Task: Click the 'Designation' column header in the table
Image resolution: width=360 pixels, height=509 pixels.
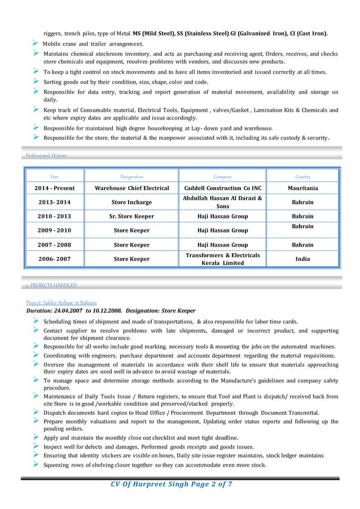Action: [131, 177]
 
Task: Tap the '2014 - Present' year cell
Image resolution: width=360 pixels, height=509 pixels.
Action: [54, 188]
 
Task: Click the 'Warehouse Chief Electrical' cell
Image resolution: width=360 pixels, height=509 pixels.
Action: [131, 188]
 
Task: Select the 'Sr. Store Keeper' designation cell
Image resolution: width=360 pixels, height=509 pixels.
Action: [131, 216]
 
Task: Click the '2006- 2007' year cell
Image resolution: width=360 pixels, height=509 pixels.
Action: [54, 259]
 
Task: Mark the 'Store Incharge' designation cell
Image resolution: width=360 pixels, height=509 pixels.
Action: [131, 202]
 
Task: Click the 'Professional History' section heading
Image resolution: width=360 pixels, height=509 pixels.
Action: [46, 155]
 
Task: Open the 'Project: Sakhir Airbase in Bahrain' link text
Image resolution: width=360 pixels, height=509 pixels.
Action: [62, 302]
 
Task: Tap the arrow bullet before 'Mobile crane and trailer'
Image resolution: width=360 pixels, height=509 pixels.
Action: [36, 43]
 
